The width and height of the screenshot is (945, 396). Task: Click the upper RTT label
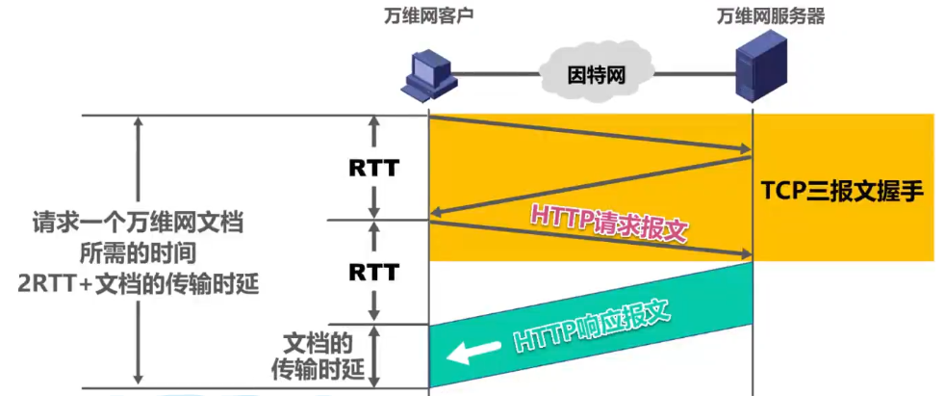[x=373, y=169]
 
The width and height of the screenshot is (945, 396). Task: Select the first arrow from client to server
[x=589, y=133]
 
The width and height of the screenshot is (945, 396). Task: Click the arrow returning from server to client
[x=589, y=186]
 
